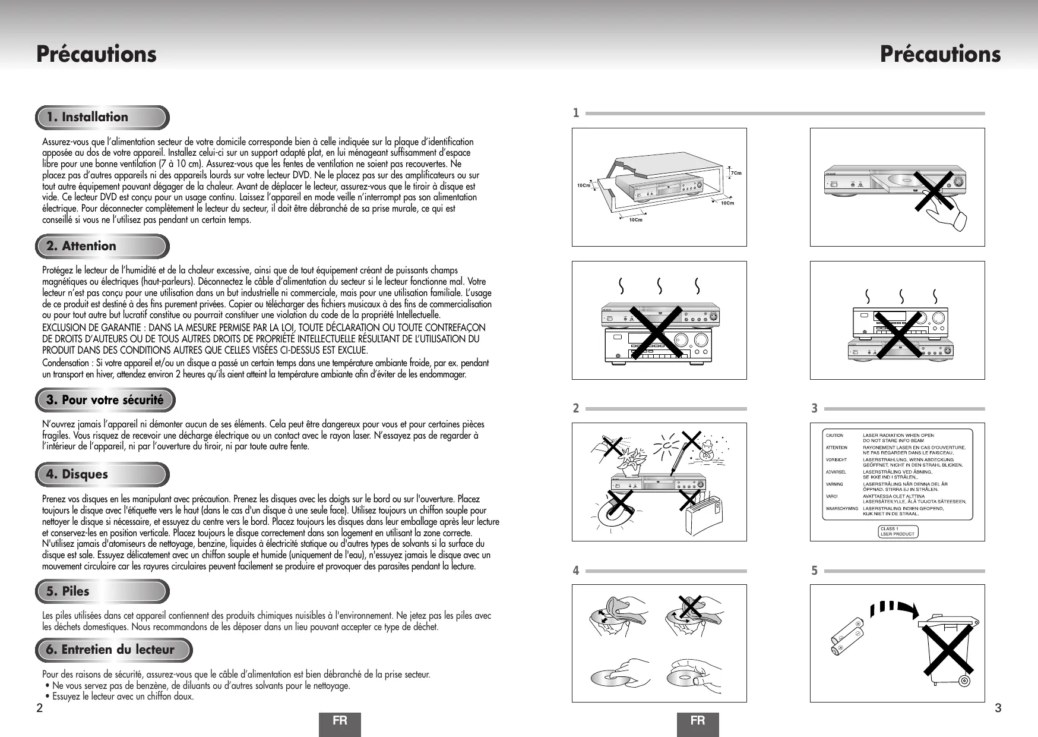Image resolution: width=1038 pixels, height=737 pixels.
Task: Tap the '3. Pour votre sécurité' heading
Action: point(106,400)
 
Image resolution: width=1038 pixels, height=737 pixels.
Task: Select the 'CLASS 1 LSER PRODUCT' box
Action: point(898,531)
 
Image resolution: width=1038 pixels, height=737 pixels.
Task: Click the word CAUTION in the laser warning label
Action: point(834,436)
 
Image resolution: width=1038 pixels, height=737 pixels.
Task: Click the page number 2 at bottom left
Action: point(39,708)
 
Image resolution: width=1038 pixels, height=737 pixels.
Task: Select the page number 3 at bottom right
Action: point(998,708)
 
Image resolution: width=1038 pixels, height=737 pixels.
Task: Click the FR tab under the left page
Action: point(340,722)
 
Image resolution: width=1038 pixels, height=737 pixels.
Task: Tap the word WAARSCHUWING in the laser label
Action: point(842,509)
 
